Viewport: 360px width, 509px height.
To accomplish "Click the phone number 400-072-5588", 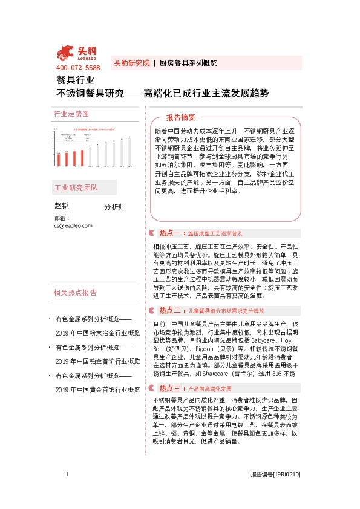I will click(77, 68).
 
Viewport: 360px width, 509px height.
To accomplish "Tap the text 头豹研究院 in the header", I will click(131, 63).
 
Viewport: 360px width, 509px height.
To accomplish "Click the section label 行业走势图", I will click(71, 114).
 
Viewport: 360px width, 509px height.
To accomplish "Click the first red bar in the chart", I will click(58, 159).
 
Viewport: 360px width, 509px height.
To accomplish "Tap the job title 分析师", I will click(114, 207).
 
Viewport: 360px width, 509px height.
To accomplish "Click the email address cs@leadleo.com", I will click(73, 225).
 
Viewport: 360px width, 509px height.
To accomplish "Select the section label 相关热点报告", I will click(75, 293).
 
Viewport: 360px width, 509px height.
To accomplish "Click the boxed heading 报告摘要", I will click(181, 118).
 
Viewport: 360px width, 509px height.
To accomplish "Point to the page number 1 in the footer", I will click(67, 492).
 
